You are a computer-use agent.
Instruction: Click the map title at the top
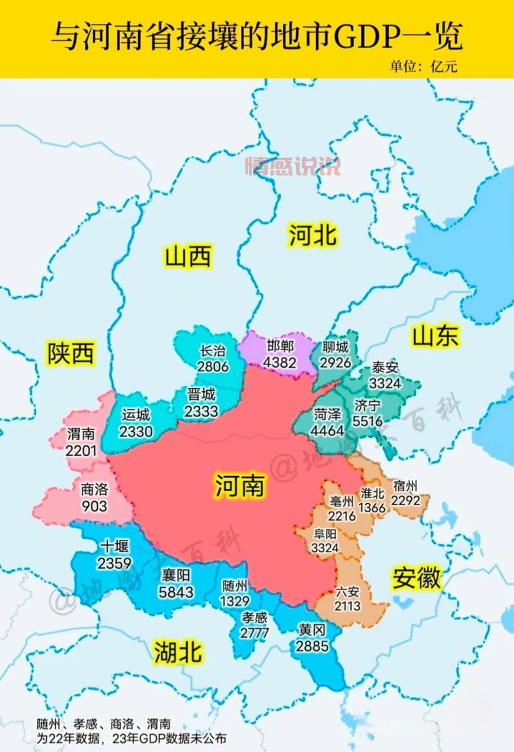tap(257, 37)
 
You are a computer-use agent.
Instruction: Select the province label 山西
tap(188, 257)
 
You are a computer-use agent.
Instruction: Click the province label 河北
tap(312, 235)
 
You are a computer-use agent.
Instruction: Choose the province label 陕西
tap(71, 354)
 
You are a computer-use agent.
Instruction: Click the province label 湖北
tap(178, 653)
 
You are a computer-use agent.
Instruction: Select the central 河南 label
tap(239, 486)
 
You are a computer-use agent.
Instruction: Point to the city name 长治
tap(213, 351)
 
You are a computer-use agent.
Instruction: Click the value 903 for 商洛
tap(94, 506)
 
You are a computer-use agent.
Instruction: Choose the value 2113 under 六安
tap(347, 605)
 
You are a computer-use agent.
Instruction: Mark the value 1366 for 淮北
tap(372, 508)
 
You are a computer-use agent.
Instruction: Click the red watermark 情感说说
tap(292, 166)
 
